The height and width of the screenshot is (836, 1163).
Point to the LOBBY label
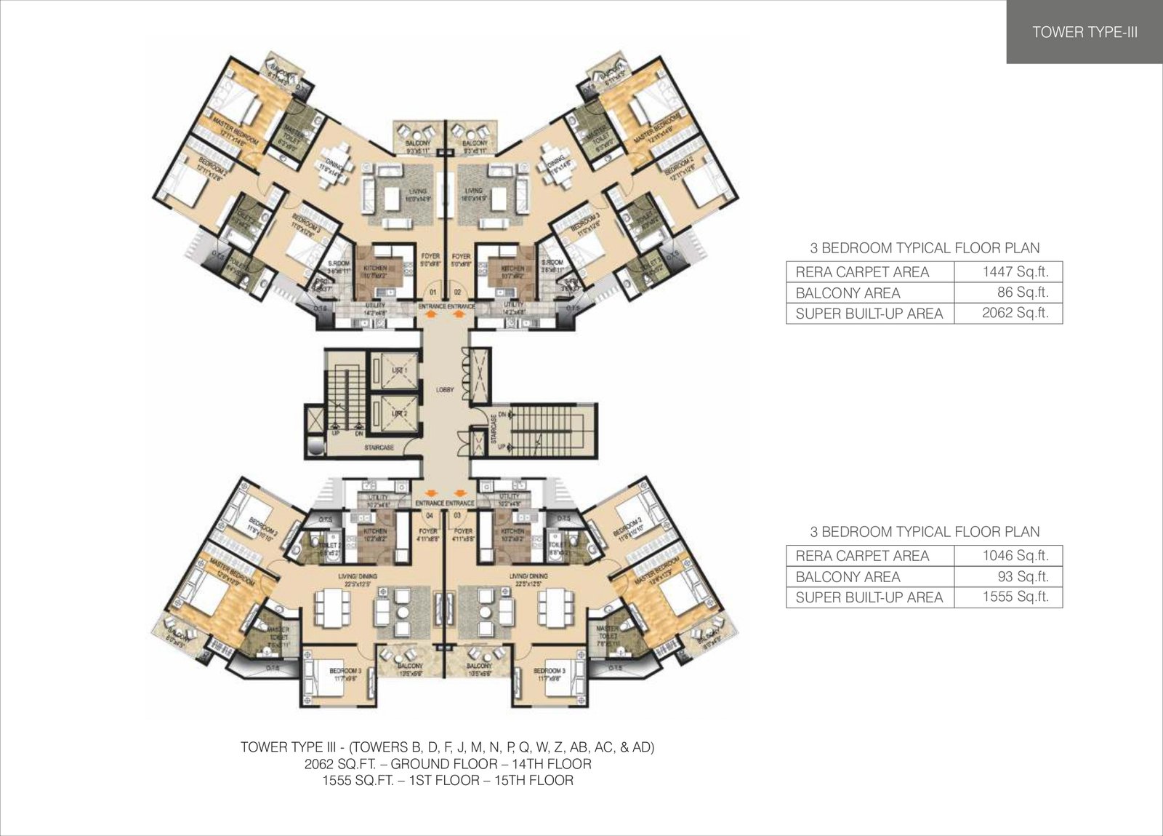(445, 390)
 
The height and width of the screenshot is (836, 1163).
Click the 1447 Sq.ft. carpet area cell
(1007, 272)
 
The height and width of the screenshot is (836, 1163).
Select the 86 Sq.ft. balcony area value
(1007, 292)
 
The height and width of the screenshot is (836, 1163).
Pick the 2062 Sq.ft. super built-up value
(1007, 314)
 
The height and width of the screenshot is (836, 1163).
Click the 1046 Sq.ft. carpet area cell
(1007, 556)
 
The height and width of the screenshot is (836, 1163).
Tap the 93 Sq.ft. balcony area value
(1007, 576)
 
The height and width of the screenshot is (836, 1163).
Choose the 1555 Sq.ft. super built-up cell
(1007, 597)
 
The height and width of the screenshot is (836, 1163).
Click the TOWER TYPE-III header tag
(1084, 32)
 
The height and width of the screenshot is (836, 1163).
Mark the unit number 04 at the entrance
(430, 515)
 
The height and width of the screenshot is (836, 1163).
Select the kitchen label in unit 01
(376, 268)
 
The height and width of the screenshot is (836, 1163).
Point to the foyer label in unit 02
(461, 256)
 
